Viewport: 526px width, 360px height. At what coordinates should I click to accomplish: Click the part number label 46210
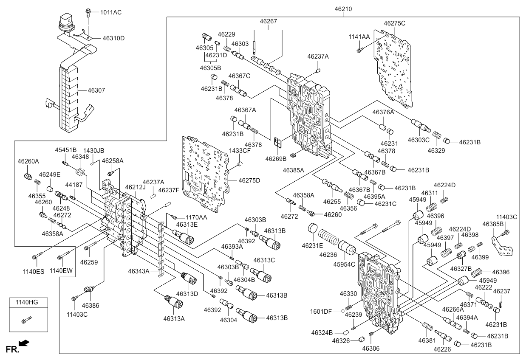343,9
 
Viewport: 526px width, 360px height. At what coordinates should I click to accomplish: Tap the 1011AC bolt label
111,12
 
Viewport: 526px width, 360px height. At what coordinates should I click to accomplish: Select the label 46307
96,90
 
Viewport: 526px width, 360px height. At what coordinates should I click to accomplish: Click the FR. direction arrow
24,343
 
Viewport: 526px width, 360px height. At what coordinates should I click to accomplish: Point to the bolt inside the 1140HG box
26,320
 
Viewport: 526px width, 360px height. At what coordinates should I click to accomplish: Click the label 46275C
394,23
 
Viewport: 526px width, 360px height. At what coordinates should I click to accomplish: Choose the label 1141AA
359,37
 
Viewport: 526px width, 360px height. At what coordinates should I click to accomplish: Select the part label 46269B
276,159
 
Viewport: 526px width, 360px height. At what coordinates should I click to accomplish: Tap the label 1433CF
240,151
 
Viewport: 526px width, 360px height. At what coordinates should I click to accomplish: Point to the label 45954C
344,264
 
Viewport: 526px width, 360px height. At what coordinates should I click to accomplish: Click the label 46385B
493,224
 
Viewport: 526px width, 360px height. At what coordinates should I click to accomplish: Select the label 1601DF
321,312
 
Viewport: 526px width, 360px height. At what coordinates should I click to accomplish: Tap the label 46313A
174,319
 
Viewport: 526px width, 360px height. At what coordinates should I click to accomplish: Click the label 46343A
139,272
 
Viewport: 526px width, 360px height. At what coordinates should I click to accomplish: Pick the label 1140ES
34,272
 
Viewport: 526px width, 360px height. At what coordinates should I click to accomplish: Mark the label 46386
90,306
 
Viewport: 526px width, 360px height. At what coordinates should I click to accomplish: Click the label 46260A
28,161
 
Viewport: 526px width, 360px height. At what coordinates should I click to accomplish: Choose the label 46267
269,21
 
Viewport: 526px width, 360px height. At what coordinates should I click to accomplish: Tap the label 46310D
113,38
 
